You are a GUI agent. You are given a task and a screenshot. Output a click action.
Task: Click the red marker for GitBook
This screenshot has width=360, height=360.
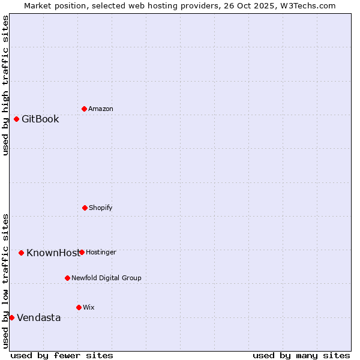click(16, 119)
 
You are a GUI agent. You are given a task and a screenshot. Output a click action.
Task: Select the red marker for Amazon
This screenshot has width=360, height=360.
click(84, 109)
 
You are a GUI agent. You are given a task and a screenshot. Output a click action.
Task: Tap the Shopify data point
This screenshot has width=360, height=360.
click(85, 208)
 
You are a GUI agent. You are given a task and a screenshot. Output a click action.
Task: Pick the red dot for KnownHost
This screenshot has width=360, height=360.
click(21, 253)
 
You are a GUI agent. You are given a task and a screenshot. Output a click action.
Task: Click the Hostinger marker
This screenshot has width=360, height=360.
click(82, 252)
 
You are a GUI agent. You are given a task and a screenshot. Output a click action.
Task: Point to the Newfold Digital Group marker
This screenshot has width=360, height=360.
click(67, 278)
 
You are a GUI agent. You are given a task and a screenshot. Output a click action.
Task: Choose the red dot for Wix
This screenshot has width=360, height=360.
click(79, 307)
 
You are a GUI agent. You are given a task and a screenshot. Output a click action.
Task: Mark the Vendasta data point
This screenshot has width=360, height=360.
click(11, 317)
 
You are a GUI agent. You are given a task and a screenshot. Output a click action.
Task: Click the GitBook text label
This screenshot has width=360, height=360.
click(40, 119)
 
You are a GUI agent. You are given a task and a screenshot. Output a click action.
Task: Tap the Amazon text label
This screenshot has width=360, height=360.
click(101, 109)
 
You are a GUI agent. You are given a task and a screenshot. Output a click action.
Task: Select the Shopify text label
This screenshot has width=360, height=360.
click(101, 208)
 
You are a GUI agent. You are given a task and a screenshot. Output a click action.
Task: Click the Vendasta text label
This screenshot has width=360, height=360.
click(38, 317)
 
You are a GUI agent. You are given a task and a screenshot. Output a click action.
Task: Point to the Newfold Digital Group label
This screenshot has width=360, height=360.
click(106, 278)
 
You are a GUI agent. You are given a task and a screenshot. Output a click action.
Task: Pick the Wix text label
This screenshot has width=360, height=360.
click(89, 307)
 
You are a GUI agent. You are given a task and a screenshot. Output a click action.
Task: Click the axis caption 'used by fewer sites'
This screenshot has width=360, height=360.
click(62, 355)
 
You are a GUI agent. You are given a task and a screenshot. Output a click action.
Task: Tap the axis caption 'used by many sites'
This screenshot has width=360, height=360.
click(301, 355)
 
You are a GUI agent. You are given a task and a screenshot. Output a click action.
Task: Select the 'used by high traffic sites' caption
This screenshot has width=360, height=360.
click(5, 85)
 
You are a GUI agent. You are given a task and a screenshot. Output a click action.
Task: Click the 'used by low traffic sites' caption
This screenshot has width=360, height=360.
click(5, 280)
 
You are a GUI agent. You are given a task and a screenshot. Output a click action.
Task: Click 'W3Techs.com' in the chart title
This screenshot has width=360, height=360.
click(309, 5)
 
